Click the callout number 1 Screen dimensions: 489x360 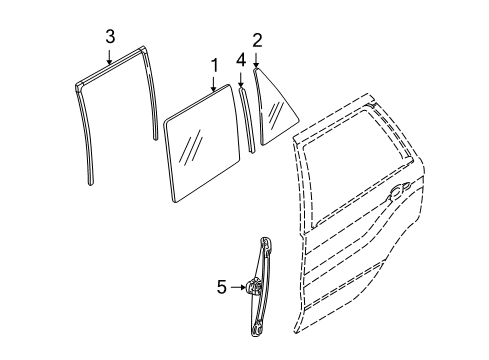point(213,67)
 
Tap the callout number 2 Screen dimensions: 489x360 point(257,41)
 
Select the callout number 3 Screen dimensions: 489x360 point(110,37)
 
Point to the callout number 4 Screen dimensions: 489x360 point(240,60)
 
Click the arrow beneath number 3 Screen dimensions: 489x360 point(110,57)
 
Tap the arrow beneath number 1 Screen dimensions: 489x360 point(213,86)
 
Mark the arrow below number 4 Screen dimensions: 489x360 point(240,80)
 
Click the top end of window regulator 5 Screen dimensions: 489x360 point(266,241)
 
